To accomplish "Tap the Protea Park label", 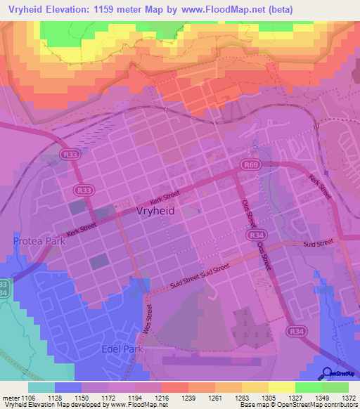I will [x=39, y=241].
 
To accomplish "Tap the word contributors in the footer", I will [x=340, y=405].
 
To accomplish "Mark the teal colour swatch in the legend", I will [x=41, y=387].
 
